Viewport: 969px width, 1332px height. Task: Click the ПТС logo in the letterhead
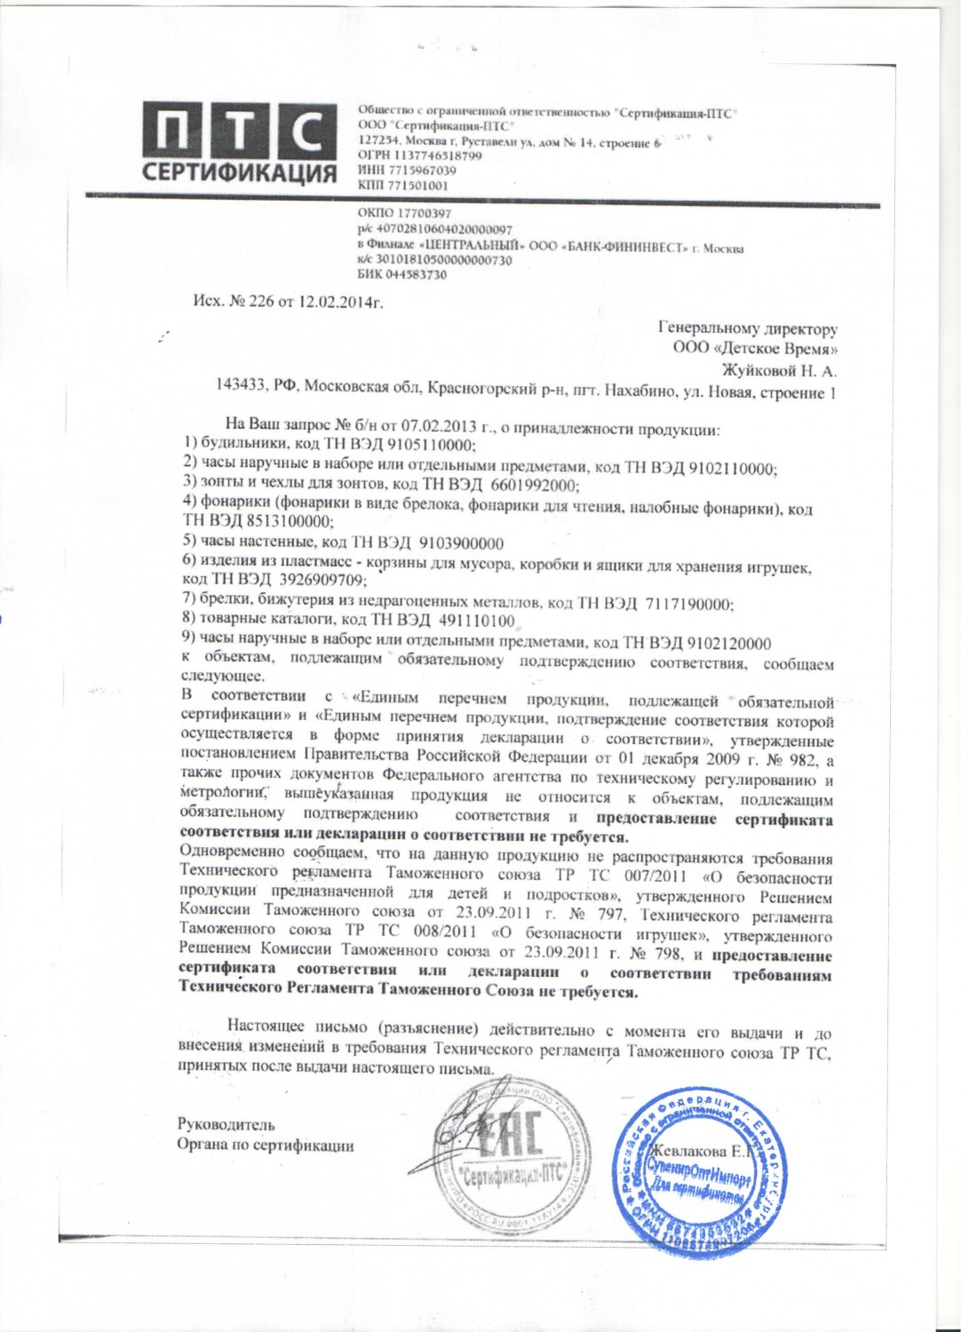(239, 142)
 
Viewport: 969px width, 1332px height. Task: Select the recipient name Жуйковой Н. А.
(778, 371)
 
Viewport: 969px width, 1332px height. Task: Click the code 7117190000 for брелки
(685, 604)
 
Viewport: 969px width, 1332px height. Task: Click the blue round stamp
(699, 1171)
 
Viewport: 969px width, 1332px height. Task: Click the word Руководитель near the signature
(226, 1125)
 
